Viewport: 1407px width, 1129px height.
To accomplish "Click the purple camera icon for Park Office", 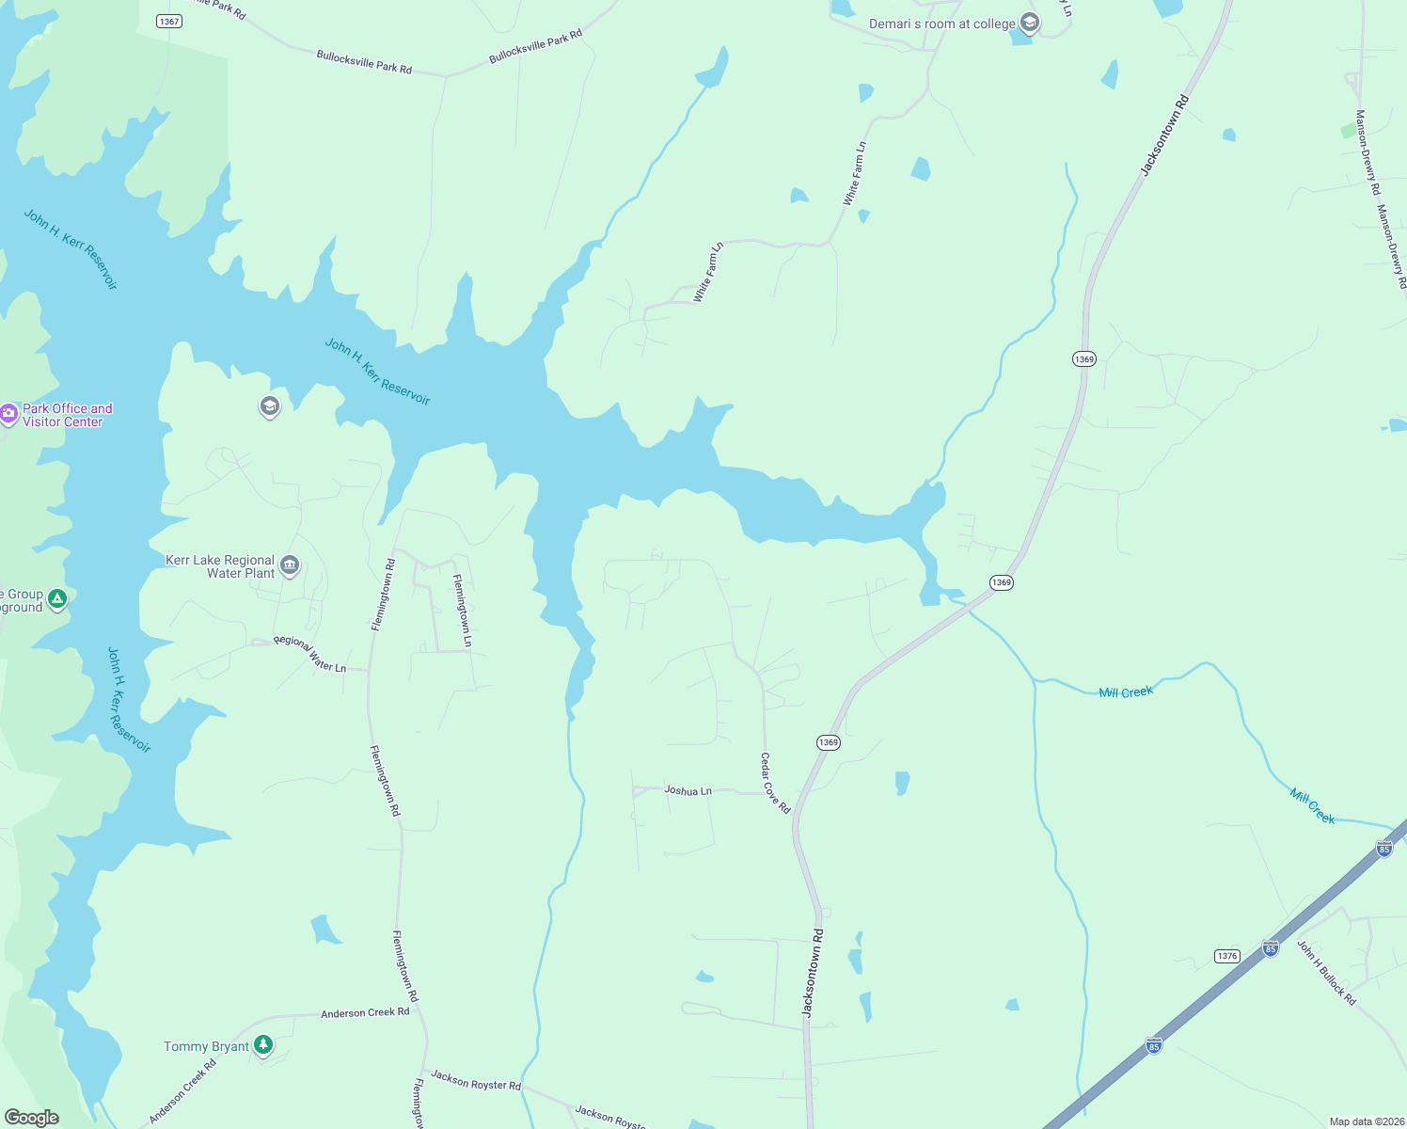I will pyautogui.click(x=9, y=414).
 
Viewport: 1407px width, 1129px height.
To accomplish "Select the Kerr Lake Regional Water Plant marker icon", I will pyautogui.click(x=290, y=565).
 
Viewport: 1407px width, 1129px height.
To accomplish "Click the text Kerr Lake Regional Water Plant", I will pyautogui.click(x=220, y=566).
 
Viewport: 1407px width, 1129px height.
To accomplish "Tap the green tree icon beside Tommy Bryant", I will pyautogui.click(x=264, y=1045).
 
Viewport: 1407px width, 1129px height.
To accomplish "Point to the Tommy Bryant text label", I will pyautogui.click(x=206, y=1046).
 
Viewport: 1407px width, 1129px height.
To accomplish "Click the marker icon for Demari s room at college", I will pyautogui.click(x=1030, y=24).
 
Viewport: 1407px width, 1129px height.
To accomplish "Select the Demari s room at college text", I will pyautogui.click(x=941, y=24).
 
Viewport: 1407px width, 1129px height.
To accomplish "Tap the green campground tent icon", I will pyautogui.click(x=57, y=598).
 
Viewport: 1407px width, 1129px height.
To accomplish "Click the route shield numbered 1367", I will pyautogui.click(x=169, y=21).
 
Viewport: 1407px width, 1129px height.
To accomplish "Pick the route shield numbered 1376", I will pyautogui.click(x=1226, y=956).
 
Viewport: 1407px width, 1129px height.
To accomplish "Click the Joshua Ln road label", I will pyautogui.click(x=688, y=790).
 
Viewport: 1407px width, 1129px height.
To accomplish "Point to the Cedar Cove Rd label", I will pyautogui.click(x=776, y=783).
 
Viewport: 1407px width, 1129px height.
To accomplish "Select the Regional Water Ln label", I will pyautogui.click(x=309, y=653).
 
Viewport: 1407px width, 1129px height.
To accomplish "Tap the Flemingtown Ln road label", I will pyautogui.click(x=462, y=610).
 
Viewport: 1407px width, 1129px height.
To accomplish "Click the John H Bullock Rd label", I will pyautogui.click(x=1326, y=972).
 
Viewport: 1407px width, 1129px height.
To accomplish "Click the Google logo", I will pyautogui.click(x=31, y=1117).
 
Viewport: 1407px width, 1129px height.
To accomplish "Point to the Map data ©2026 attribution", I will pyautogui.click(x=1366, y=1121).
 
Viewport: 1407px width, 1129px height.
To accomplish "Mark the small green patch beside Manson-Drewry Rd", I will pyautogui.click(x=1350, y=131).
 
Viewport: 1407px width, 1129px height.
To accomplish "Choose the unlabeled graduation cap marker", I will pyautogui.click(x=270, y=406).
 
